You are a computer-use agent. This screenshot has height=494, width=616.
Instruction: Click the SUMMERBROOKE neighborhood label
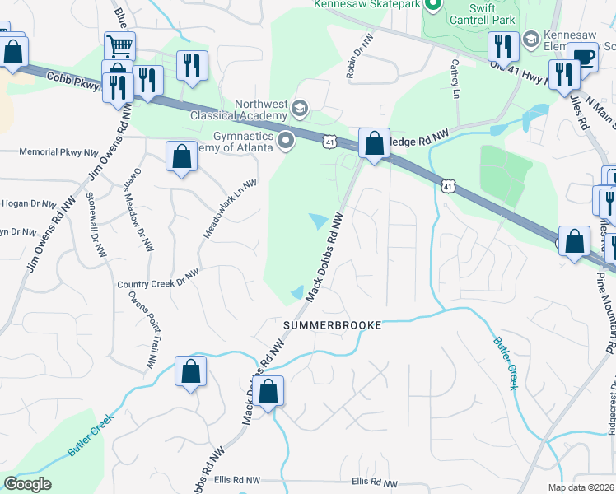(x=333, y=325)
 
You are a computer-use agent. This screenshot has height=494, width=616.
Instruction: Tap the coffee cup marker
(x=583, y=57)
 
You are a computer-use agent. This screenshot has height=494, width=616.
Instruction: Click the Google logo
(x=27, y=484)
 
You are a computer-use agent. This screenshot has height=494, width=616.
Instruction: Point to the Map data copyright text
(x=579, y=487)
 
